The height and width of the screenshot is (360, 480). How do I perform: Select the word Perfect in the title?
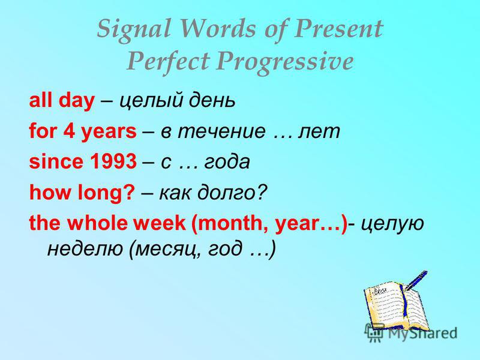(168, 61)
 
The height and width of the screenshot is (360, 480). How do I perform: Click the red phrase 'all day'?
(62, 100)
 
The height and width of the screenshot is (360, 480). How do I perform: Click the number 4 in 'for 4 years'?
(68, 131)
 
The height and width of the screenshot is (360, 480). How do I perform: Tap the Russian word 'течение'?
(221, 131)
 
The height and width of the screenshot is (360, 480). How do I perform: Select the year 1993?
(113, 161)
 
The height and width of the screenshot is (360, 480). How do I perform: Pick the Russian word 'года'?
(227, 162)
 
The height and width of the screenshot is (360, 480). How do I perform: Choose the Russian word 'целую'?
(392, 224)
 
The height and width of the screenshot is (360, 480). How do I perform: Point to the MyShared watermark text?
(422, 333)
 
